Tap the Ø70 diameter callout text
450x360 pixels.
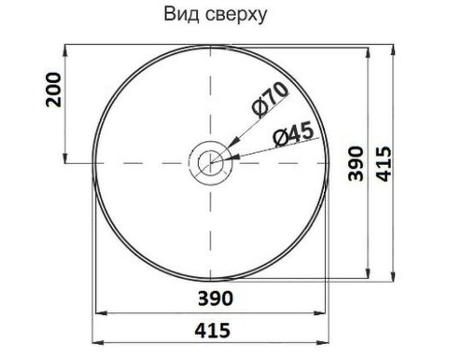[x=268, y=98]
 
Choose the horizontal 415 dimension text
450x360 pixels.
[x=212, y=330]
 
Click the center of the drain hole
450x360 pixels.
[x=211, y=163]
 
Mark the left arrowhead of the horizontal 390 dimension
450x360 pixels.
[x=99, y=314]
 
